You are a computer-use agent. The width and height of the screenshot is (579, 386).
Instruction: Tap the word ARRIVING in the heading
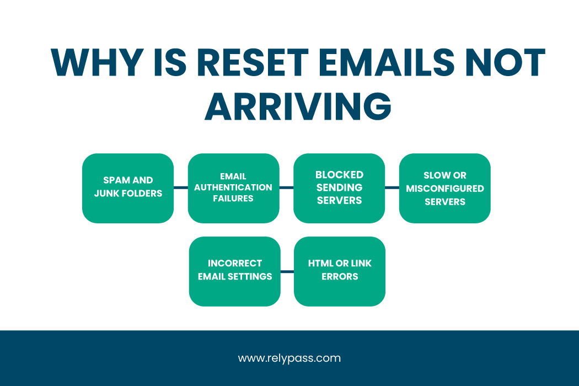[x=298, y=106]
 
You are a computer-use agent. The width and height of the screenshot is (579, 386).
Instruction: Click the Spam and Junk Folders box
[x=128, y=188]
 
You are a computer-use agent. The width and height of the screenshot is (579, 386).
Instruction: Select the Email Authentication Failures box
[x=233, y=188]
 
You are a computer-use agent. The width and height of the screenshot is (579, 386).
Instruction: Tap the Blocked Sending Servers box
[x=339, y=188]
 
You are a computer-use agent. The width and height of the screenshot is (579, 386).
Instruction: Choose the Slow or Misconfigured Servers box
[x=444, y=188]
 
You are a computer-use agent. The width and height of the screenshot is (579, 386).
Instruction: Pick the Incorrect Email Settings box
[x=234, y=271]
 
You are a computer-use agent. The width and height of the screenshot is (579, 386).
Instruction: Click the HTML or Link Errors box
[x=340, y=271]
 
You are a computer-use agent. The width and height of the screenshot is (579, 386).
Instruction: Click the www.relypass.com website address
[x=289, y=358]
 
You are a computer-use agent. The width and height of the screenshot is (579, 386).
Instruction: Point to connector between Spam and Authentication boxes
[x=181, y=188]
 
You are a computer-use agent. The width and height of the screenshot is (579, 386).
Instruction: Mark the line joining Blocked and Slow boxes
[x=392, y=188]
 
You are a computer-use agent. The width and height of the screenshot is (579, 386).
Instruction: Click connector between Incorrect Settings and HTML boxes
[x=287, y=271]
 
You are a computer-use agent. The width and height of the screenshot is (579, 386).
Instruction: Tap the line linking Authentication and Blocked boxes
[x=286, y=188]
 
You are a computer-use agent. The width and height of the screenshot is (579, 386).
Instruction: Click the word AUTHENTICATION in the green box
[x=233, y=187]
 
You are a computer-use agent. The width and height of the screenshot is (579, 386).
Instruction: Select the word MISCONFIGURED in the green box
[x=445, y=189]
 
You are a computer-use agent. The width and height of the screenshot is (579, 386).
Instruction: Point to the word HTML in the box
[x=319, y=264]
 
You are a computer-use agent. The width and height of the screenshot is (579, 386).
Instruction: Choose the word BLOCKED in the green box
[x=339, y=175]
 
